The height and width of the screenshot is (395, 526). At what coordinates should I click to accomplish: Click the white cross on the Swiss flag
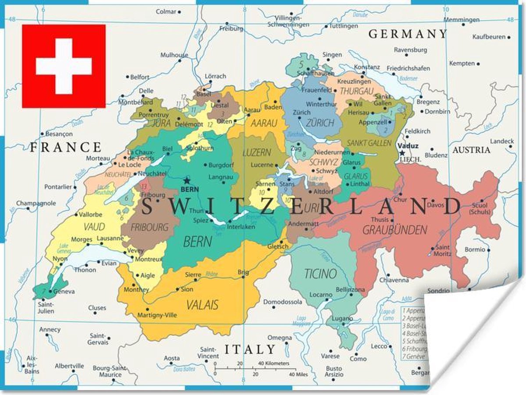pyautogui.click(x=64, y=66)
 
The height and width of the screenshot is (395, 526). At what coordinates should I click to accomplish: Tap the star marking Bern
pyautogui.click(x=187, y=181)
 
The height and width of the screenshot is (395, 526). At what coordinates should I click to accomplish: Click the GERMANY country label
pyautogui.click(x=407, y=34)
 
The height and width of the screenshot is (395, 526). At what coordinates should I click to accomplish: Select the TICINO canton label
pyautogui.click(x=321, y=274)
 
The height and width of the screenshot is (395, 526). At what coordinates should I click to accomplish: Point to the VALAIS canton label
pyautogui.click(x=202, y=304)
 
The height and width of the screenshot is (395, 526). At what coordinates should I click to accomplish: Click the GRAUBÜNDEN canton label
pyautogui.click(x=394, y=229)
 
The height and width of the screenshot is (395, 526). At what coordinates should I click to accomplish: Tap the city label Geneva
pyautogui.click(x=64, y=292)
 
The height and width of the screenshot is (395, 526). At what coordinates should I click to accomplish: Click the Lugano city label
pyautogui.click(x=342, y=318)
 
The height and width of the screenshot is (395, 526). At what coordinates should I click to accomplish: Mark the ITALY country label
pyautogui.click(x=250, y=349)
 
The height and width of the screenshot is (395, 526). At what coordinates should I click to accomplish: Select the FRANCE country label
pyautogui.click(x=66, y=147)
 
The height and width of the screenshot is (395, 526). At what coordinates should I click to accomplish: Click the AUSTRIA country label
pyautogui.click(x=471, y=150)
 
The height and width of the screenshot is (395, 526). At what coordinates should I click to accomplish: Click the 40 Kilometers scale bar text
pyautogui.click(x=274, y=363)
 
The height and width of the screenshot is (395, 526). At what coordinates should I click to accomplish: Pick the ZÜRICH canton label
pyautogui.click(x=320, y=123)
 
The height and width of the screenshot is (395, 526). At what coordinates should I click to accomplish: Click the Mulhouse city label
pyautogui.click(x=174, y=55)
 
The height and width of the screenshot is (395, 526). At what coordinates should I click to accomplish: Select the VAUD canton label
pyautogui.click(x=94, y=227)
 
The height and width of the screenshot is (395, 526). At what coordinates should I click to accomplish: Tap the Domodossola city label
pyautogui.click(x=283, y=302)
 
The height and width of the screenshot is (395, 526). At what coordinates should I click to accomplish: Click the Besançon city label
pyautogui.click(x=59, y=134)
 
